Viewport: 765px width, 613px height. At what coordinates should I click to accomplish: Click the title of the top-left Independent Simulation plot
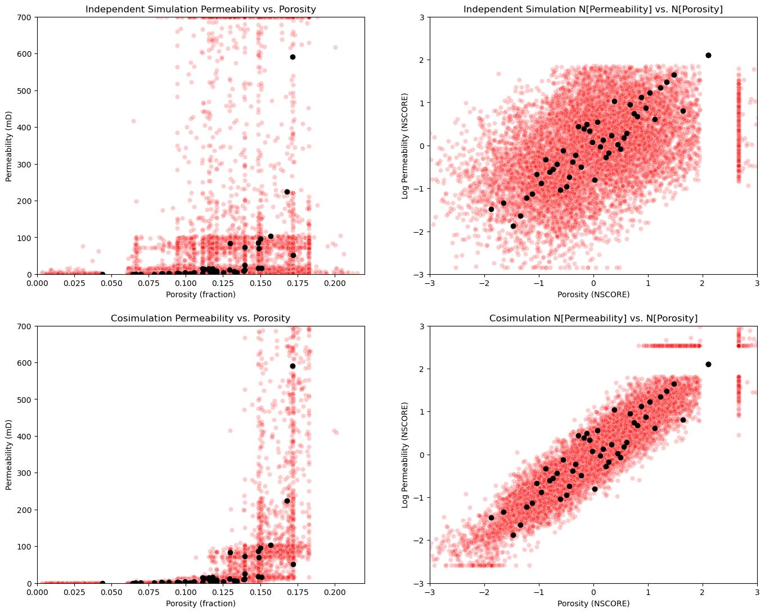[x=200, y=9]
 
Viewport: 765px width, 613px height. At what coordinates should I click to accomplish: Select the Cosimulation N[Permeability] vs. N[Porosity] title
[x=593, y=318]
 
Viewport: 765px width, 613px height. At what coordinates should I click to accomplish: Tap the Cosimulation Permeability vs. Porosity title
[x=200, y=318]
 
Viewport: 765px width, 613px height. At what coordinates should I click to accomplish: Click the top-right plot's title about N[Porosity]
[x=593, y=9]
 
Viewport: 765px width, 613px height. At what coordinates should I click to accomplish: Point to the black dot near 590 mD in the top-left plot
[x=292, y=57]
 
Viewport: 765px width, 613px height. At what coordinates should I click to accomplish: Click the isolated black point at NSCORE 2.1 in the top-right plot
[x=708, y=55]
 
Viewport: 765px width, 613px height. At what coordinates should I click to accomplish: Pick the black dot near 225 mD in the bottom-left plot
[x=287, y=501]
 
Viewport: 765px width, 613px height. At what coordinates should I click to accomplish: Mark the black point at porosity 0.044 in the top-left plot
[x=102, y=274]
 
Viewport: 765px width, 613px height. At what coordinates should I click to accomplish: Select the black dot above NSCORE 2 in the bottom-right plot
[x=708, y=365]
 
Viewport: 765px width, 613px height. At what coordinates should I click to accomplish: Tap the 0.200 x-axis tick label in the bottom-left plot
[x=335, y=592]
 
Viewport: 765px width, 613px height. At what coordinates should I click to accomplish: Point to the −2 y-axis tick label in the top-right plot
[x=420, y=231]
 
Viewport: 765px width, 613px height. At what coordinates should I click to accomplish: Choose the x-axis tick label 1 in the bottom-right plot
[x=648, y=592]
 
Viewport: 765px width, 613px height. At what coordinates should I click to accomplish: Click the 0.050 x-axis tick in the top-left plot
[x=111, y=283]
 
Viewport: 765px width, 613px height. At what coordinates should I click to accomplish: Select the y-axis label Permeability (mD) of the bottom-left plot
[x=8, y=455]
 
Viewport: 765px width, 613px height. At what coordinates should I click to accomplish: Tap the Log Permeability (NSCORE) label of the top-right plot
[x=404, y=146]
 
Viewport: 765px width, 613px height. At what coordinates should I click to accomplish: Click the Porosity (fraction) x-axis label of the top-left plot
[x=200, y=294]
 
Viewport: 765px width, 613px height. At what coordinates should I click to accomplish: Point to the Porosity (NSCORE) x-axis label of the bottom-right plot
[x=593, y=603]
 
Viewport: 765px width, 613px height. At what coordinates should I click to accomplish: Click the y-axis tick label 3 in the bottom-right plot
[x=423, y=326]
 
